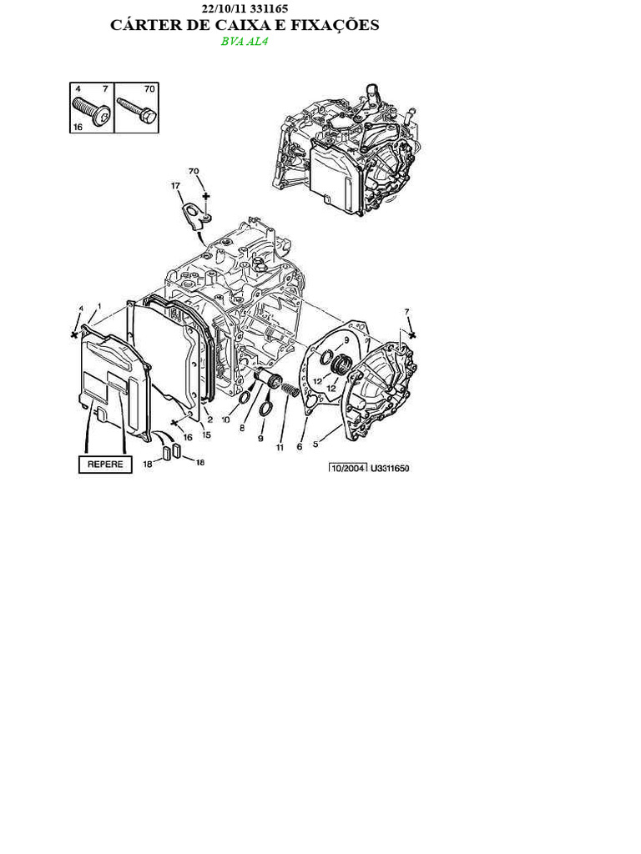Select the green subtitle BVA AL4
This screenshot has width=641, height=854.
click(245, 42)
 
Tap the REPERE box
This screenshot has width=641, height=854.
click(105, 465)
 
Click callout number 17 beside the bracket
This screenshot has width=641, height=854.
click(176, 186)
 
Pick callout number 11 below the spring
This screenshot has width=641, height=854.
click(280, 448)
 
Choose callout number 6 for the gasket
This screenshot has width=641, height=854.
click(299, 445)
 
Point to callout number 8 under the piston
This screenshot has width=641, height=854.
click(242, 428)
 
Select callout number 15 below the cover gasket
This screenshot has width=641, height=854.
click(205, 434)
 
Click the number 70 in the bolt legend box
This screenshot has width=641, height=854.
click(149, 88)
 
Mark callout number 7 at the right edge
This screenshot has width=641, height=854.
click(407, 312)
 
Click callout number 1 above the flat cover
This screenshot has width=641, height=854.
click(99, 306)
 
